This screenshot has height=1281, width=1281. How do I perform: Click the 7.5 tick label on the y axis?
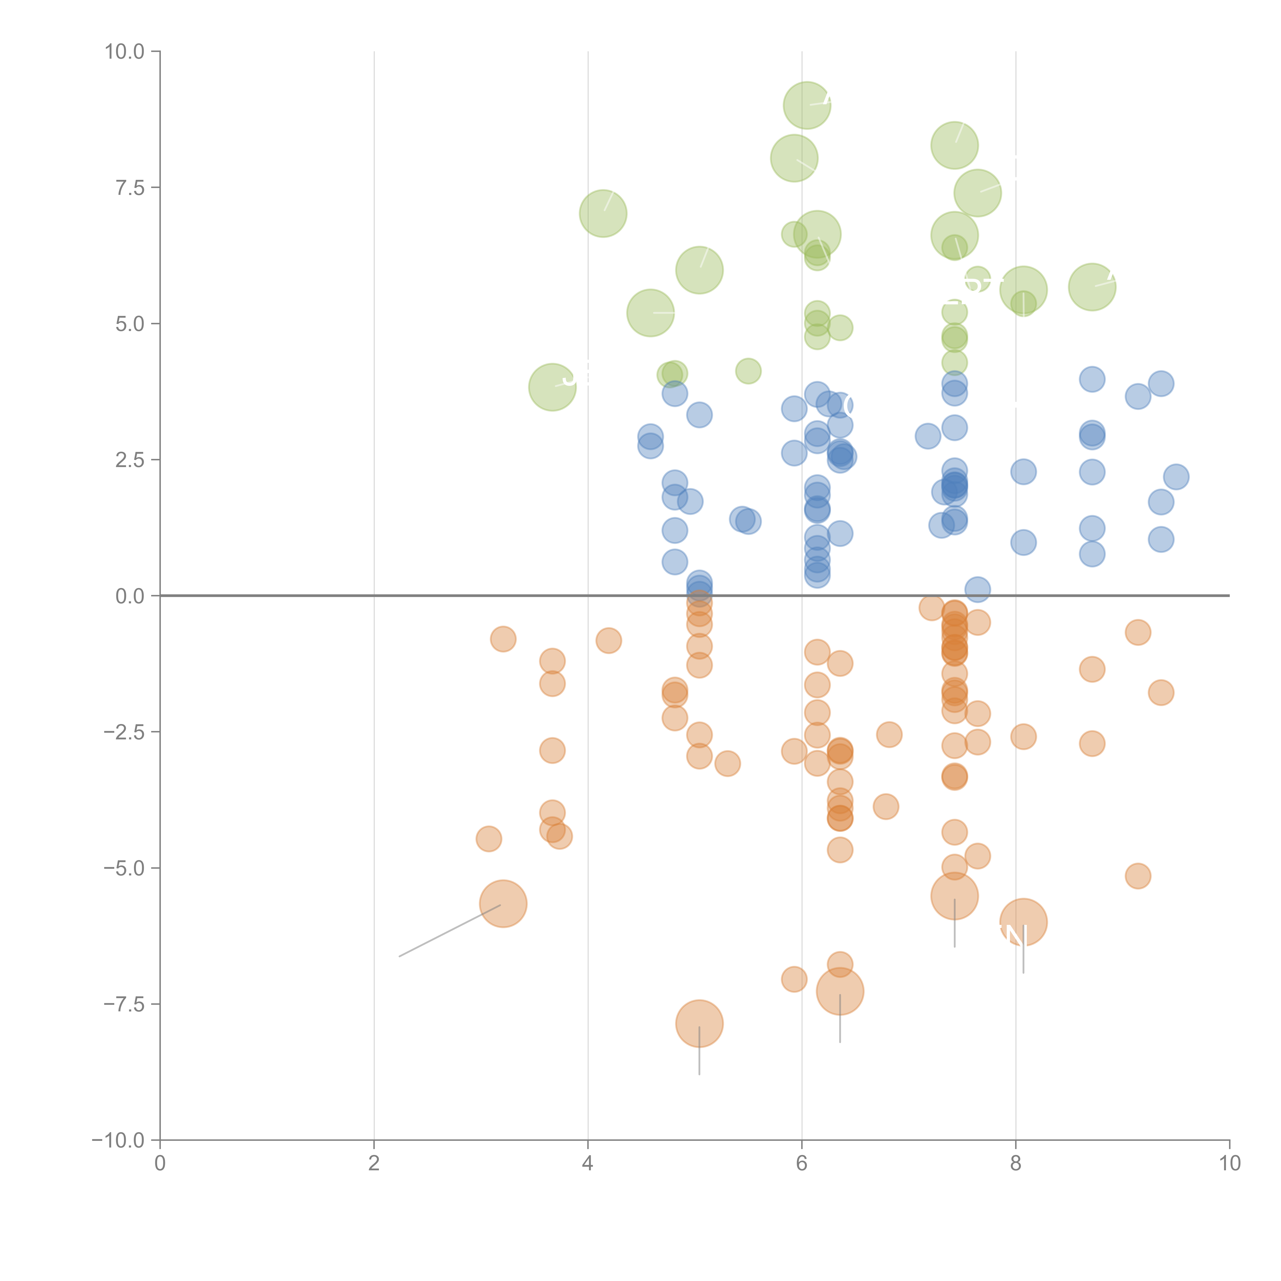pos(130,188)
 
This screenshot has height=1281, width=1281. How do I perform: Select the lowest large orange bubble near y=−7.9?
pos(699,1023)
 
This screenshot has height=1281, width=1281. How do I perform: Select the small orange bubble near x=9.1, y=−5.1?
pos(1138,876)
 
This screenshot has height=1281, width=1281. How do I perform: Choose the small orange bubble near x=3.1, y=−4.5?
pos(489,839)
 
